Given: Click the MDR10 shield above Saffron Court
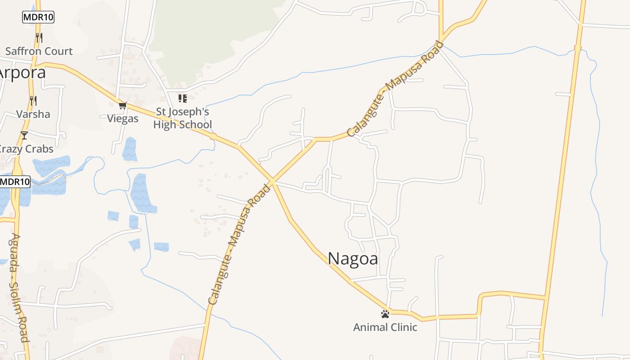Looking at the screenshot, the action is click(x=38, y=18).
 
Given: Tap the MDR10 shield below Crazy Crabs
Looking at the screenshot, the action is click(x=15, y=182).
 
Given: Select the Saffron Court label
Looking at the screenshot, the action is click(x=39, y=51).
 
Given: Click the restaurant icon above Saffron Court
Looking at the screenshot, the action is click(x=39, y=37).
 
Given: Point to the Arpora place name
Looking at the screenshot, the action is click(x=22, y=72).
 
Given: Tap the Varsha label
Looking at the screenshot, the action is click(x=33, y=114).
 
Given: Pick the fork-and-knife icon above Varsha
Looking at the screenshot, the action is click(x=33, y=100).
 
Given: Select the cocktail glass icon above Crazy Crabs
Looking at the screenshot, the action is click(x=24, y=135).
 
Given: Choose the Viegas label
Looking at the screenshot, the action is click(x=123, y=119).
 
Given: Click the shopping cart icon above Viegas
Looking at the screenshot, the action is click(x=123, y=106).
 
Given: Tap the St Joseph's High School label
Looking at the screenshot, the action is click(x=182, y=118).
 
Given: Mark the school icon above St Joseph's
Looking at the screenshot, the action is click(x=182, y=98).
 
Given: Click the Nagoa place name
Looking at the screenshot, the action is click(x=353, y=259).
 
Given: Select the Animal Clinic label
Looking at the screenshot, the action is click(x=385, y=327).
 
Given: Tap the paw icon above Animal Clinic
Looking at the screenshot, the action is click(x=385, y=314).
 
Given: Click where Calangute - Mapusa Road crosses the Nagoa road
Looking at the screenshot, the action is click(x=272, y=182).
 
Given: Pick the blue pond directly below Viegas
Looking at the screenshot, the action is click(x=130, y=149).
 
